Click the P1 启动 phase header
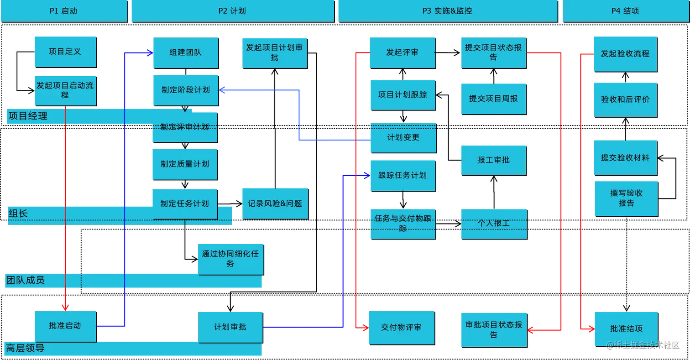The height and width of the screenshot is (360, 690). click(x=63, y=11)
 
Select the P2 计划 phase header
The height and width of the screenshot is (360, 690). click(x=232, y=11)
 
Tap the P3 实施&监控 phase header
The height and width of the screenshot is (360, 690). click(x=447, y=11)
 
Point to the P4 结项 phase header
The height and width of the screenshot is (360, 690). click(x=625, y=11)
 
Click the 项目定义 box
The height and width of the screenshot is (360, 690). click(x=65, y=51)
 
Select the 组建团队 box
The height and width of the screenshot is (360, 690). click(x=184, y=52)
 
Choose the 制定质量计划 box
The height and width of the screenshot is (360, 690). click(x=184, y=164)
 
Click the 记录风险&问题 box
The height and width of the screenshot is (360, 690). click(x=275, y=203)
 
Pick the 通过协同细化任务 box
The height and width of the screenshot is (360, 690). click(x=230, y=258)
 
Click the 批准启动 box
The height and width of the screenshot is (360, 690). click(x=65, y=326)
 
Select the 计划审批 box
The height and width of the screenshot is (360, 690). click(x=230, y=327)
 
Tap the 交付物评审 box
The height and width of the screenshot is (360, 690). click(x=401, y=327)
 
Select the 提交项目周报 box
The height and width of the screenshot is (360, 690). click(x=493, y=98)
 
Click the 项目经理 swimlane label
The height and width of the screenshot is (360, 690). click(x=28, y=116)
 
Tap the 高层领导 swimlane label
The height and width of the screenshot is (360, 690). click(x=25, y=349)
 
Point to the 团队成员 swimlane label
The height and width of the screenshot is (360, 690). click(x=25, y=280)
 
